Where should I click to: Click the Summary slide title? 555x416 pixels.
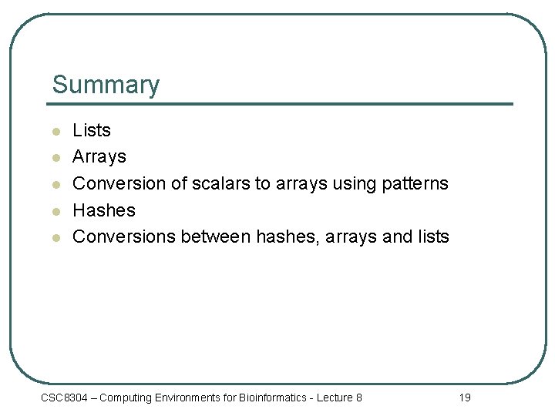tap(106, 85)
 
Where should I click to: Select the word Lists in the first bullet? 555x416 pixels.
tap(92, 130)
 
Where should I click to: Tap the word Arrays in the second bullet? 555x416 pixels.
tap(99, 156)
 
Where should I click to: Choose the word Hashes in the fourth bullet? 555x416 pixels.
tap(104, 210)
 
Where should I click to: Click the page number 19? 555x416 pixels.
tap(464, 398)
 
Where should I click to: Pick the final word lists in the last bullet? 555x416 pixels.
tap(432, 237)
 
